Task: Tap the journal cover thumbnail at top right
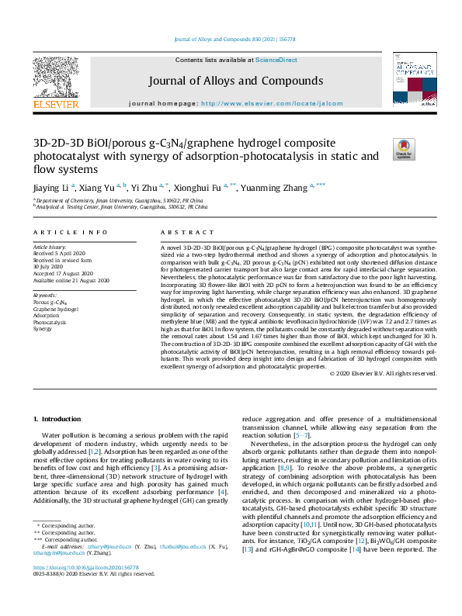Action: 412,81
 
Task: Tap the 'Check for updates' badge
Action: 405,148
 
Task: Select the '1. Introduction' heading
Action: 61,419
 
